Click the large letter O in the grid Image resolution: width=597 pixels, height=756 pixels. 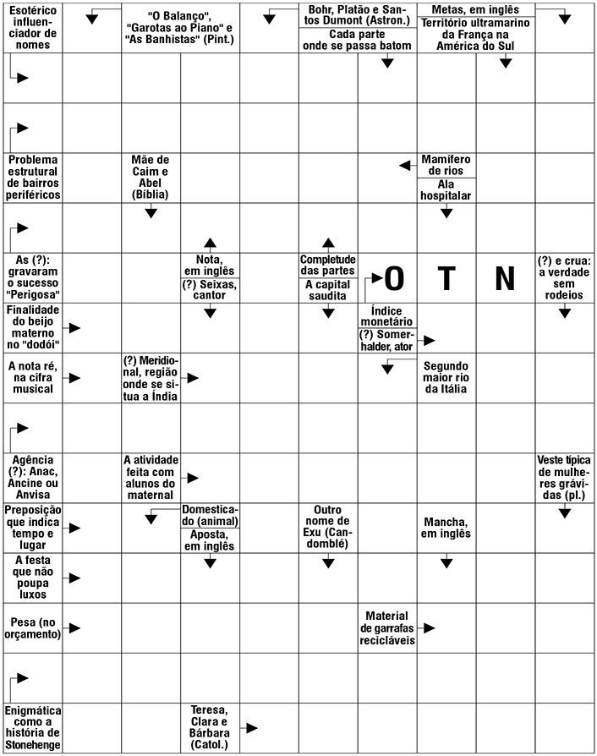394,278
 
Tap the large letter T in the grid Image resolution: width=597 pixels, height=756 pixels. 446,278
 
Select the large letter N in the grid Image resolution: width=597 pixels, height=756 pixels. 505,278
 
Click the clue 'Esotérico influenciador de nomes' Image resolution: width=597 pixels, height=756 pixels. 33,28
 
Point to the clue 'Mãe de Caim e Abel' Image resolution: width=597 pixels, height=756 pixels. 151,177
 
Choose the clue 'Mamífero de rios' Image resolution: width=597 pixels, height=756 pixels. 446,165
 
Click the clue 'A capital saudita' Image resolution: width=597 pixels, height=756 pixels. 328,291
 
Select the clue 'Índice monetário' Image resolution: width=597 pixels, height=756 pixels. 387,315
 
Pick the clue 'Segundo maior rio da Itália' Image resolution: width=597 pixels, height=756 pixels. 446,378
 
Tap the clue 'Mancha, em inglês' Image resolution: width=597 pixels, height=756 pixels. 446,528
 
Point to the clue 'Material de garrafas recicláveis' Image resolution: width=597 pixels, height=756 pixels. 386,627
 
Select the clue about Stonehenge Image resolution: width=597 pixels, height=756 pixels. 33,727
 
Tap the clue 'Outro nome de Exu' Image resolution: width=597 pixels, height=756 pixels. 328,528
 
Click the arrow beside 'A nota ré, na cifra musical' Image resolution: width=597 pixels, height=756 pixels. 75,377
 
